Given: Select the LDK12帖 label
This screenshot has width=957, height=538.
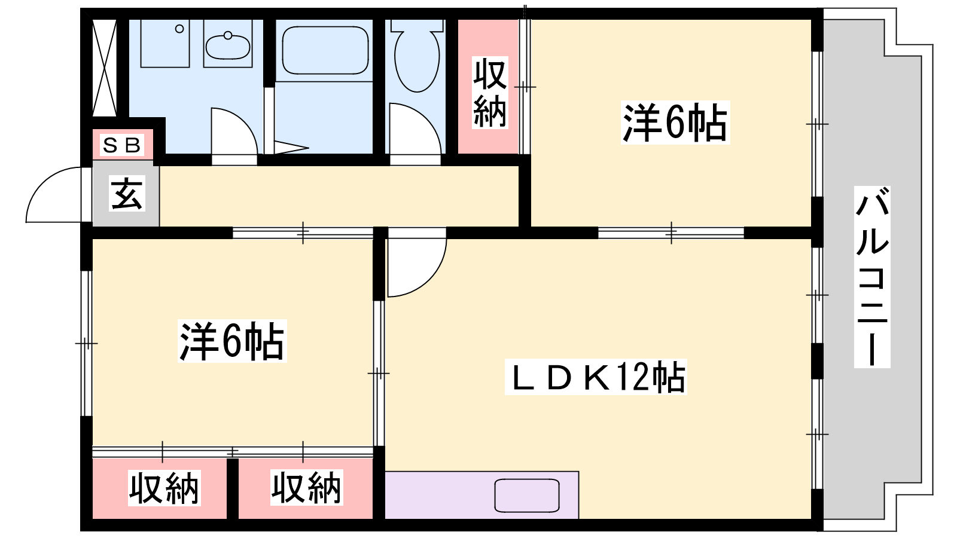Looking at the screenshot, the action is (596, 377).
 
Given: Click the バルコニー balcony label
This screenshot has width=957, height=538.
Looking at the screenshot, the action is (872, 277).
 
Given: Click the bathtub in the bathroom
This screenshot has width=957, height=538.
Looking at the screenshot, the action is (325, 50).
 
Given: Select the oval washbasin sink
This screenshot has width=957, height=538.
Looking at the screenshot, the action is (228, 46).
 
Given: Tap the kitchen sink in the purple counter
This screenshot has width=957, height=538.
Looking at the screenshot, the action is (527, 496).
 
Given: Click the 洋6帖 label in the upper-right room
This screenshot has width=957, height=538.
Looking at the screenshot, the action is (675, 123).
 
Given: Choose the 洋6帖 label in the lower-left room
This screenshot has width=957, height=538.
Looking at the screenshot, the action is (232, 341).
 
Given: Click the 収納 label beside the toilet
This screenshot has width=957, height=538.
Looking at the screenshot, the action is (490, 93).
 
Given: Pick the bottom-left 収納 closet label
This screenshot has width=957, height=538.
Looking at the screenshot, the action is (164, 488).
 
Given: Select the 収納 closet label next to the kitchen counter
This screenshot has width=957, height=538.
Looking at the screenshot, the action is (306, 487).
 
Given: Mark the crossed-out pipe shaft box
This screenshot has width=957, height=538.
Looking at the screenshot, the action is (105, 68).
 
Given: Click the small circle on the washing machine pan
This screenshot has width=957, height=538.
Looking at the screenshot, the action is (179, 29).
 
